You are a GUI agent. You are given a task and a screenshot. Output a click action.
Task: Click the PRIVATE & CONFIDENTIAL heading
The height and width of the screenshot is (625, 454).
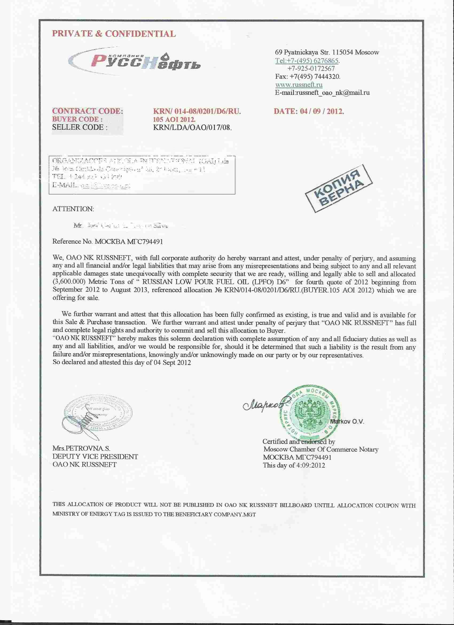tap(114, 34)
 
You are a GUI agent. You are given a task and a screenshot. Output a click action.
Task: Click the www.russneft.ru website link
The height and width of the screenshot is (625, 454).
tap(299, 84)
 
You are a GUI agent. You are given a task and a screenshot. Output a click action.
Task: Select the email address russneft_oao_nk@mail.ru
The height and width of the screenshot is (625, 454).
tap(322, 92)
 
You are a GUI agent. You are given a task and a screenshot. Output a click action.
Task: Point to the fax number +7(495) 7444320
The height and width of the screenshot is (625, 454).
tap(308, 76)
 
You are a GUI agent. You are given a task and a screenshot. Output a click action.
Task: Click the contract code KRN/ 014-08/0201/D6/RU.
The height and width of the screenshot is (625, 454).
tap(197, 111)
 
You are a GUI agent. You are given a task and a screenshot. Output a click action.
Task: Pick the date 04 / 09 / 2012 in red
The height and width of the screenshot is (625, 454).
tap(309, 111)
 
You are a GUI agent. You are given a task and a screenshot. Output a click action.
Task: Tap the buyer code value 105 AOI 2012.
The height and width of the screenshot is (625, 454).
tap(174, 119)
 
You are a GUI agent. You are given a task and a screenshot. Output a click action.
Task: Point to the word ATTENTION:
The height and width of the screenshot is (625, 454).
tap(73, 209)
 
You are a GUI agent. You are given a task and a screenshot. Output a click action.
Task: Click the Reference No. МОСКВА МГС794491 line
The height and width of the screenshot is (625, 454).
tap(108, 242)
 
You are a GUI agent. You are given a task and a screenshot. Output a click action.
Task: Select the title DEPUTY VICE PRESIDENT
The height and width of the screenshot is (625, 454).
tap(95, 457)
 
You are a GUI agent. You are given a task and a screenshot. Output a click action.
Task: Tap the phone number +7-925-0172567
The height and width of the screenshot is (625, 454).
tap(311, 68)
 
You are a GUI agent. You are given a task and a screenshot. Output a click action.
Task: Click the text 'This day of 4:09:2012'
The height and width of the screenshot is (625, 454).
tap(294, 465)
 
